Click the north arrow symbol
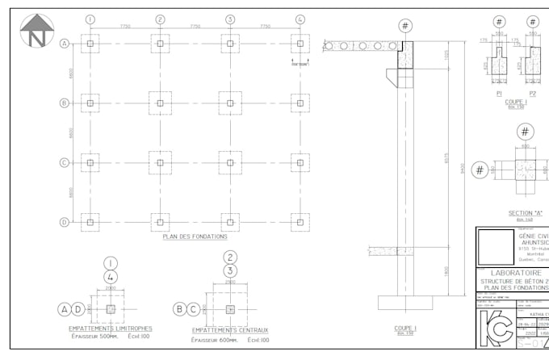coord(36,31)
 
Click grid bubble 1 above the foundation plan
coord(90,19)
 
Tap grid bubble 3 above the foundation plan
coord(230,19)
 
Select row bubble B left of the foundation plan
coord(64,103)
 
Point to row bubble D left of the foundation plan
coord(64,222)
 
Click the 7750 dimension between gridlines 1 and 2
coord(125,27)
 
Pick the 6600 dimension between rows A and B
coord(73,73)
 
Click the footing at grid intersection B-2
coord(161,103)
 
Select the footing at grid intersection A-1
coord(90,44)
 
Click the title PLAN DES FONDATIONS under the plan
coord(195,237)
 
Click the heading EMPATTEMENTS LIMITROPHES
coord(111,329)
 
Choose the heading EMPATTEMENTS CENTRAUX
coord(230,330)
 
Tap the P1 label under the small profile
coord(499,93)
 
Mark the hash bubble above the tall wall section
coord(404,26)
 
